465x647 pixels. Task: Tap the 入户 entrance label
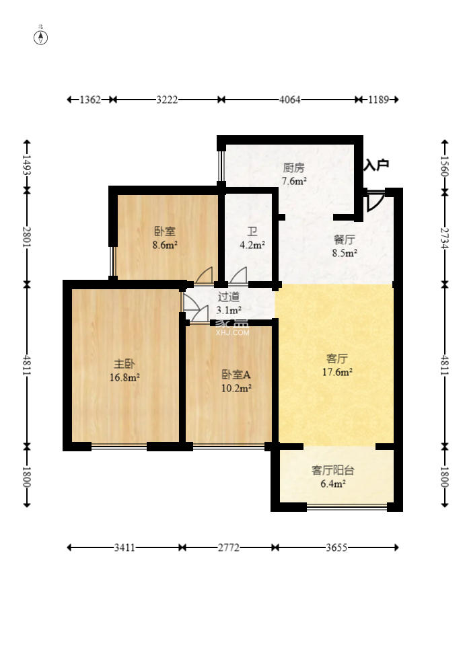(376, 165)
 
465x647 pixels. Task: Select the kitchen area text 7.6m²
(293, 181)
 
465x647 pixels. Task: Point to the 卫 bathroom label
(252, 231)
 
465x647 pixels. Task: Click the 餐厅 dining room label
(344, 239)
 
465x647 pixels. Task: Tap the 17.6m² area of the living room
(337, 372)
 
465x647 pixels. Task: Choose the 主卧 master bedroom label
(124, 364)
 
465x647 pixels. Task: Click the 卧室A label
(236, 375)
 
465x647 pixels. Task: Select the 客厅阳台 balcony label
(332, 470)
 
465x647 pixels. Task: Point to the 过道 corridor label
(229, 297)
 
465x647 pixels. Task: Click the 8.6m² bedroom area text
(165, 245)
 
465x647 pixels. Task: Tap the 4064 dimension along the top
(290, 100)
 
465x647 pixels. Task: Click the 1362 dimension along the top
(90, 100)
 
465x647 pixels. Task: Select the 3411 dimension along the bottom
(124, 547)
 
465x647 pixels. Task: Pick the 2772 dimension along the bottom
(229, 547)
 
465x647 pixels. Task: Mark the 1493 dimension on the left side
(27, 165)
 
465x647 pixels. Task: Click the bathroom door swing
(238, 276)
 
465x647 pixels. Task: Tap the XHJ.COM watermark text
(233, 332)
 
